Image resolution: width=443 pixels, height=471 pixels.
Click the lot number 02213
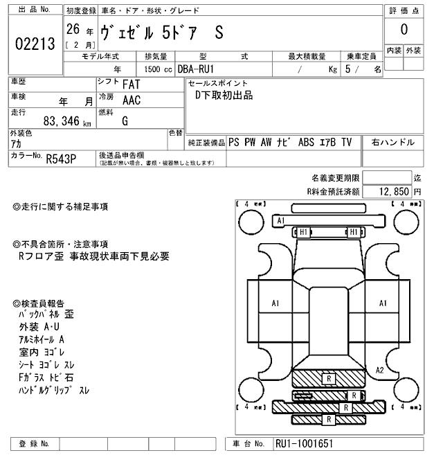(x=34, y=45)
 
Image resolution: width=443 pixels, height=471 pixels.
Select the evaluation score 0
(x=404, y=30)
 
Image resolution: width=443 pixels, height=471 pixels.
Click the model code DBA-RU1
(x=197, y=69)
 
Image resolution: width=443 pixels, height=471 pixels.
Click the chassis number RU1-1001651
(x=304, y=443)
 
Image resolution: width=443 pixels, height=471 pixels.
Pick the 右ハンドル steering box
(x=392, y=143)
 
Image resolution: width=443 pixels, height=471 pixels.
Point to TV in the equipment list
(x=347, y=143)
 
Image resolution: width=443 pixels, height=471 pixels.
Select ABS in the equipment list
(x=306, y=143)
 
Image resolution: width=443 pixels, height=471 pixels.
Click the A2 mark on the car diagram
(x=379, y=370)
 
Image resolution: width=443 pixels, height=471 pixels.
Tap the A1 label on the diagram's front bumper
(x=280, y=221)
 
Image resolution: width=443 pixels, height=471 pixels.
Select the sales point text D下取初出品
(x=224, y=96)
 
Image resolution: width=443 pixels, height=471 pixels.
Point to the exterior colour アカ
(x=17, y=143)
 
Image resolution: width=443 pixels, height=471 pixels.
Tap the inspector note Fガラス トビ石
(x=46, y=377)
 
